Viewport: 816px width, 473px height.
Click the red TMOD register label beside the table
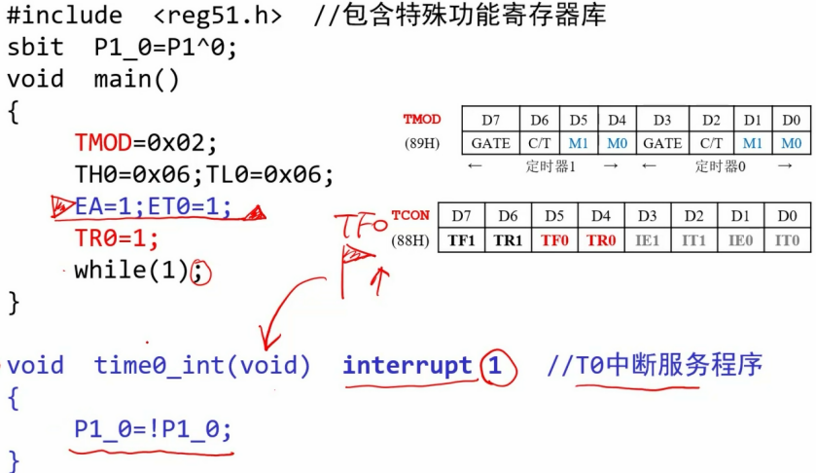click(422, 120)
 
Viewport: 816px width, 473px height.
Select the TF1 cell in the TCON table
click(462, 239)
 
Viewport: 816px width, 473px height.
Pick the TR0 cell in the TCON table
click(601, 239)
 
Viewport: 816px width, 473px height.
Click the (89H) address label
click(422, 143)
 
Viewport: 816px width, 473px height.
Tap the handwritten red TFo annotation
click(361, 228)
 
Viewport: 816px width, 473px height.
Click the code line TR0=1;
click(116, 237)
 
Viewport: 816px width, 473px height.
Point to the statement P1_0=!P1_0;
click(154, 429)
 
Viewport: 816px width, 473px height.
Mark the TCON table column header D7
click(462, 214)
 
